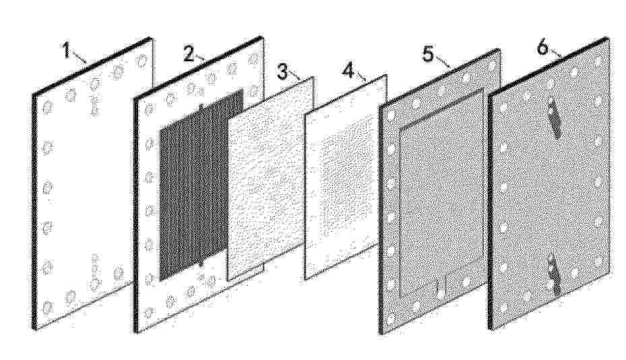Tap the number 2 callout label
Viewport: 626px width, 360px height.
(x=189, y=53)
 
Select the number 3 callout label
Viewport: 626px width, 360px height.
(x=282, y=72)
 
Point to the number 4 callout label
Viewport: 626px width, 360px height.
(x=348, y=71)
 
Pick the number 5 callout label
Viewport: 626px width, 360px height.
(x=428, y=54)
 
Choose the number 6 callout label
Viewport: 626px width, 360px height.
(x=542, y=47)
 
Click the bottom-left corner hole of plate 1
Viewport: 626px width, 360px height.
(x=48, y=307)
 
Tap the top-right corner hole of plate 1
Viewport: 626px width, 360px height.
(x=142, y=61)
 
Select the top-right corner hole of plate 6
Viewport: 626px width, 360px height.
(x=598, y=61)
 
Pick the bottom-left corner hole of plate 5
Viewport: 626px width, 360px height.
(x=390, y=318)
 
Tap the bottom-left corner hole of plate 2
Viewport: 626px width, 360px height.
(x=150, y=311)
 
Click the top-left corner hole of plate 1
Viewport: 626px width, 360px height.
(x=48, y=107)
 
